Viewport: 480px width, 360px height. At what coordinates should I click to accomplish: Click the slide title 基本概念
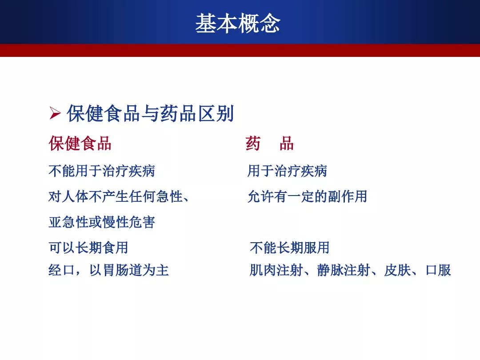[x=238, y=23]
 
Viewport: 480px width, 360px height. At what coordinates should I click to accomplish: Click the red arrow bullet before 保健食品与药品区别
[x=55, y=113]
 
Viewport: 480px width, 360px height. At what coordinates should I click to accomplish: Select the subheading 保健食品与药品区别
[x=150, y=113]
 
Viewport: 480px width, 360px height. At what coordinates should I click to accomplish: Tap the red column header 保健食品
[x=80, y=143]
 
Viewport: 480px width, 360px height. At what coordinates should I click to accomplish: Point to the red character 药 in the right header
[x=253, y=143]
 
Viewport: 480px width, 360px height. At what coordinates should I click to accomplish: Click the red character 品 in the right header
[x=287, y=143]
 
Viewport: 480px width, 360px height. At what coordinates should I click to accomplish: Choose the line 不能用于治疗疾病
[x=102, y=171]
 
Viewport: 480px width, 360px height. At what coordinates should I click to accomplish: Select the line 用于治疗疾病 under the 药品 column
[x=287, y=171]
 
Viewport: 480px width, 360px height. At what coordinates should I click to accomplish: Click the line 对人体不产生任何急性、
[x=119, y=196]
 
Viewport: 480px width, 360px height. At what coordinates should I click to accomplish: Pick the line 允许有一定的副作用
[x=308, y=196]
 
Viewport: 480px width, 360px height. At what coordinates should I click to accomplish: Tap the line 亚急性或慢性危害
[x=102, y=222]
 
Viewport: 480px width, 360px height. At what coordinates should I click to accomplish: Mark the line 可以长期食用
[x=88, y=248]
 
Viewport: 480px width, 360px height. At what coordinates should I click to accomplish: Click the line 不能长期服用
[x=290, y=248]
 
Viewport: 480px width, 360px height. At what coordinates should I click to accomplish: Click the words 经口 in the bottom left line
[x=61, y=270]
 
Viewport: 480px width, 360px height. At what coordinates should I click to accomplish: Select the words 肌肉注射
[x=276, y=270]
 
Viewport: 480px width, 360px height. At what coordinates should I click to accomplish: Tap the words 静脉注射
[x=344, y=270]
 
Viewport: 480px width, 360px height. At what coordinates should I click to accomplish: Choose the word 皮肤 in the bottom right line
[x=397, y=270]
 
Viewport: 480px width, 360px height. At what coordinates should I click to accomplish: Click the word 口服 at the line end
[x=438, y=270]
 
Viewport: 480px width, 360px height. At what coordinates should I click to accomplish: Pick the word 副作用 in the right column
[x=348, y=196]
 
